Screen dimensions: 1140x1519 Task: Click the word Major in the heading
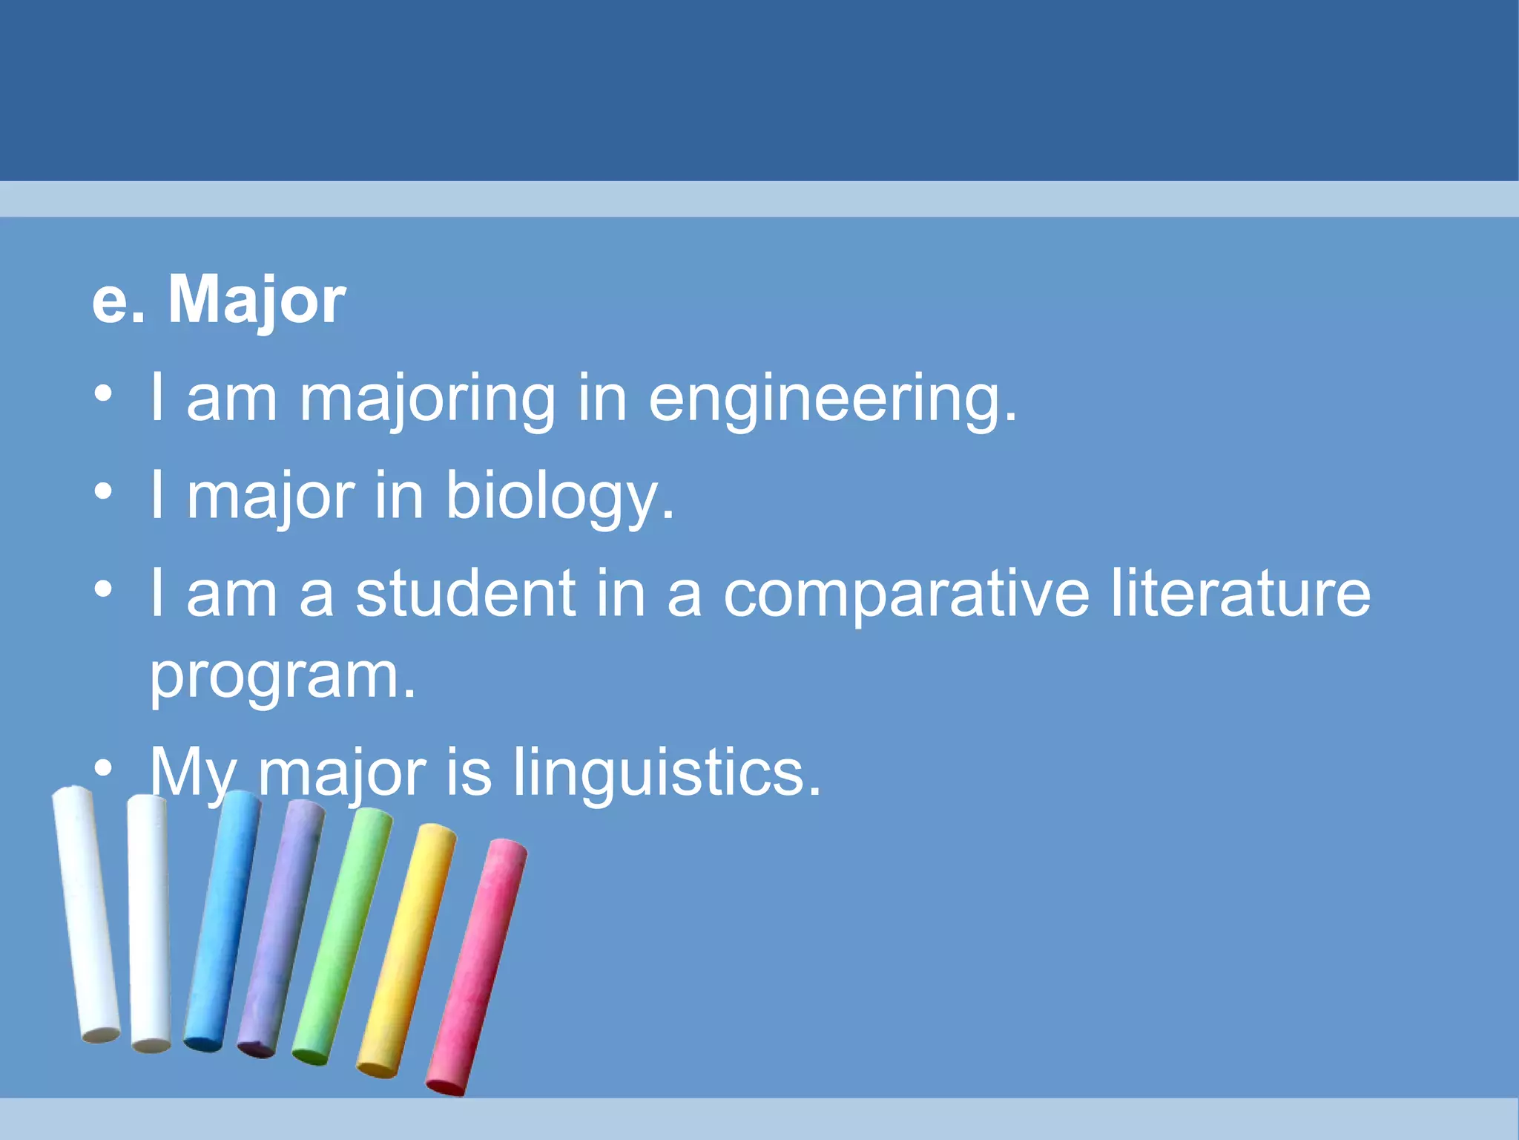pyautogui.click(x=257, y=300)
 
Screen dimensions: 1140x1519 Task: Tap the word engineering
pyautogui.click(x=832, y=399)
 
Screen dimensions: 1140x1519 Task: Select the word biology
pyautogui.click(x=560, y=497)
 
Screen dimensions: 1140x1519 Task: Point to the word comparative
pyautogui.click(x=906, y=594)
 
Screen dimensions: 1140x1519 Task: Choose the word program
pyautogui.click(x=282, y=678)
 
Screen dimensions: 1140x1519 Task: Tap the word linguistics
pyautogui.click(x=668, y=773)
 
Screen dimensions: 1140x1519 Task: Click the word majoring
pyautogui.click(x=426, y=399)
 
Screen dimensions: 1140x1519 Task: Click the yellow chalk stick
pyautogui.click(x=406, y=950)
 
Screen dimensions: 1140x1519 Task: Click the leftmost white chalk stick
pyautogui.click(x=85, y=913)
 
